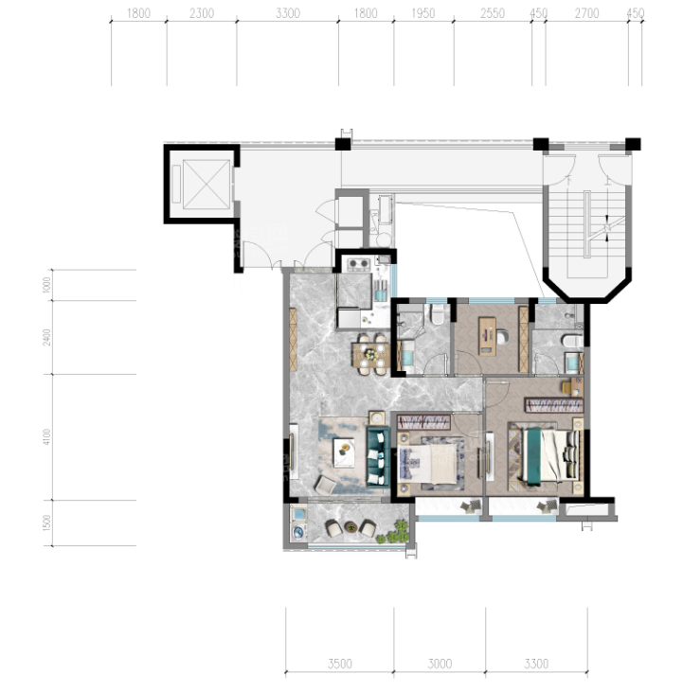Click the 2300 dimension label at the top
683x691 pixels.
click(202, 13)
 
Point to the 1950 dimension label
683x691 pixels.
click(422, 13)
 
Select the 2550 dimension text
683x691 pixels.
click(492, 13)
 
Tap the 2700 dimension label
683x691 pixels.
click(586, 13)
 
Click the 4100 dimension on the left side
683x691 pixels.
click(47, 436)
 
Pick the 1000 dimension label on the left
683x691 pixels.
click(47, 285)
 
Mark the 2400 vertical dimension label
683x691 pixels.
click(47, 337)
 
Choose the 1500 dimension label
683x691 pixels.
click(47, 523)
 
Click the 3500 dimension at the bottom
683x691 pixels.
click(340, 664)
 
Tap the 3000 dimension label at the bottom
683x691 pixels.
click(440, 664)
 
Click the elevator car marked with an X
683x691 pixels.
click(207, 185)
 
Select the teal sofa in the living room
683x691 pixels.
click(378, 456)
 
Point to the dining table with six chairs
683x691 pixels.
click(370, 355)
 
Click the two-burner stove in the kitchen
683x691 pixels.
click(358, 264)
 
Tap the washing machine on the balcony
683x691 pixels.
click(299, 533)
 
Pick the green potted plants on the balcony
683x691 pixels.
click(395, 532)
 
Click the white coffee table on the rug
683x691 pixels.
click(344, 452)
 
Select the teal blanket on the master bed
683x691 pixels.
click(534, 456)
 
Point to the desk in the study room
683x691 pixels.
click(487, 336)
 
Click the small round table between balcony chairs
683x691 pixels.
click(351, 526)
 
